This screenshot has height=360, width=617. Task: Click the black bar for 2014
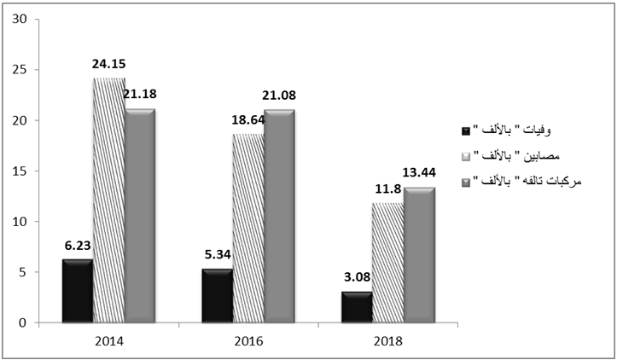[77, 291]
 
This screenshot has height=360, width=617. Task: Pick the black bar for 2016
[217, 295]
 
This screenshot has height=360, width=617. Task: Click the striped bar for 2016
[247, 229]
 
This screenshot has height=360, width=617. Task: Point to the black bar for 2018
[356, 307]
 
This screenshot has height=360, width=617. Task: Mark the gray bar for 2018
[419, 255]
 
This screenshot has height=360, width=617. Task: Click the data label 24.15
[111, 63]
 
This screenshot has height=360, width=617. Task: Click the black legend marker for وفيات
[465, 131]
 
